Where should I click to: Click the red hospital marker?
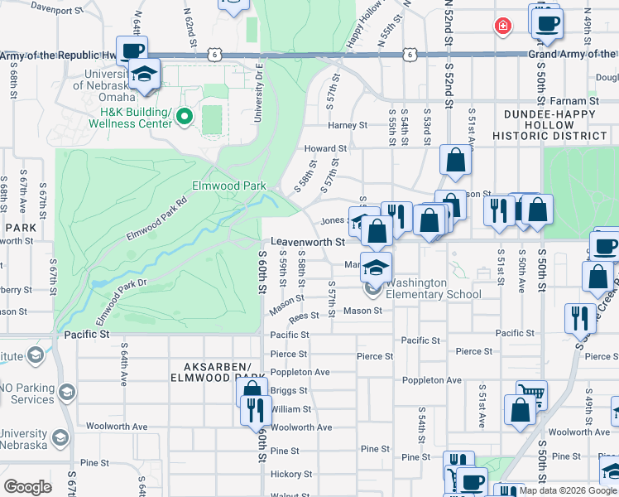coord(501,27)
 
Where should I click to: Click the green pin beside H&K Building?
coord(184,118)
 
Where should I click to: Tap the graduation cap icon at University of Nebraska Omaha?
coord(146,75)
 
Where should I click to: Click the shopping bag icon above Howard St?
coord(455,160)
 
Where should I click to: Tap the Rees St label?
coord(304,316)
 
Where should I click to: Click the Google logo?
coord(27,487)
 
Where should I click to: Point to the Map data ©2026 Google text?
coord(568,490)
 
